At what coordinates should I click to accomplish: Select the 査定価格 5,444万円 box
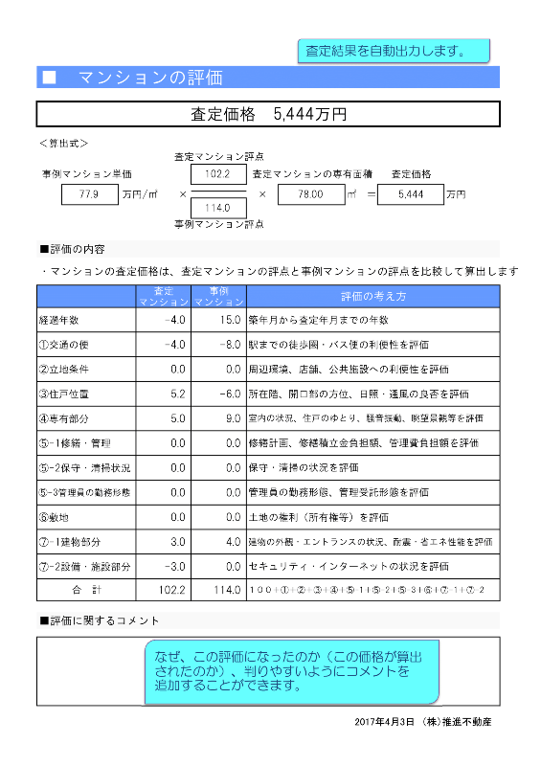[268, 114]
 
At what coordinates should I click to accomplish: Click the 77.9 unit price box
[89, 194]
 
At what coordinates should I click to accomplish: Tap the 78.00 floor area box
[307, 194]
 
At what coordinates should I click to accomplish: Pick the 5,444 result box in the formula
[409, 194]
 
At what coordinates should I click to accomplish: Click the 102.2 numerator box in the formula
[219, 173]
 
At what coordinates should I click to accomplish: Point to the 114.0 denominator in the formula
[219, 207]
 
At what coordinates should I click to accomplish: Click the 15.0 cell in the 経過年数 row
[219, 320]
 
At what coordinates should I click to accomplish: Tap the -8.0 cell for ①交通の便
[219, 344]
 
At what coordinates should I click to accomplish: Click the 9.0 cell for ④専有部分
[219, 418]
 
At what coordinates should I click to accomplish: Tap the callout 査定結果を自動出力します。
[393, 51]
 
